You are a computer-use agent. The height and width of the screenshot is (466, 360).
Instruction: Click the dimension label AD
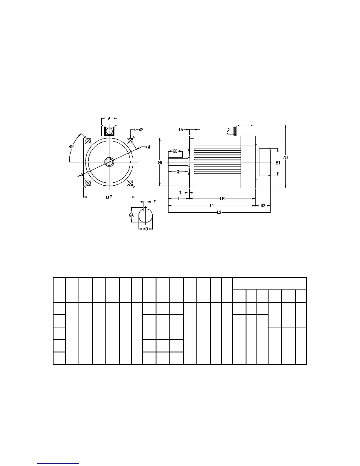[x=285, y=157]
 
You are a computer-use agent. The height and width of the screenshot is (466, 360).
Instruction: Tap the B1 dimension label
[x=278, y=163]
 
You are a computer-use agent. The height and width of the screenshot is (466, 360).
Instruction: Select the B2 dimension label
[x=263, y=206]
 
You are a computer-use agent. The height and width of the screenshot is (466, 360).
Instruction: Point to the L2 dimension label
[x=219, y=212]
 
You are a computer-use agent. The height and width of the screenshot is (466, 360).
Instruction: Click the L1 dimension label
[x=212, y=206]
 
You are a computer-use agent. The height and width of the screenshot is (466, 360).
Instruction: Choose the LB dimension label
[x=222, y=199]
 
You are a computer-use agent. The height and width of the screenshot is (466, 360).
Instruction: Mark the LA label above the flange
[x=181, y=129]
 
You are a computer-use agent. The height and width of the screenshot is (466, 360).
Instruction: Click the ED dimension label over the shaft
[x=175, y=151]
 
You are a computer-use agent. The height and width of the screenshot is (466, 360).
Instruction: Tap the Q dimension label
[x=178, y=172]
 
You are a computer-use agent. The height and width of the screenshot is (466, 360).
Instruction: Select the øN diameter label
[x=160, y=162]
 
